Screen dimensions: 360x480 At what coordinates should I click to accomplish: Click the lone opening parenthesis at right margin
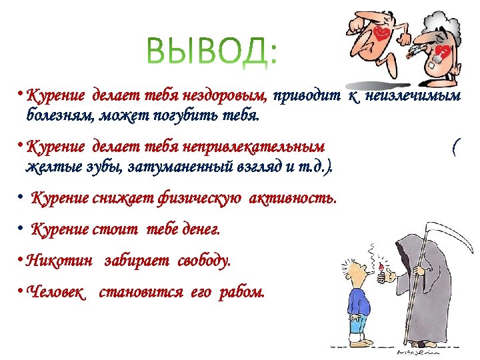(454, 147)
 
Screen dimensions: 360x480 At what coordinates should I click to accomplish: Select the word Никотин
(58, 261)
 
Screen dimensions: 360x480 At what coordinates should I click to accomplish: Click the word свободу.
(204, 261)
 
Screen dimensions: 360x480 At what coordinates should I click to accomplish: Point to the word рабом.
(245, 293)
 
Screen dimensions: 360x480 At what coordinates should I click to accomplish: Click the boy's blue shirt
(360, 293)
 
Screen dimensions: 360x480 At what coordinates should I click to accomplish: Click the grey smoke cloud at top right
(443, 20)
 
